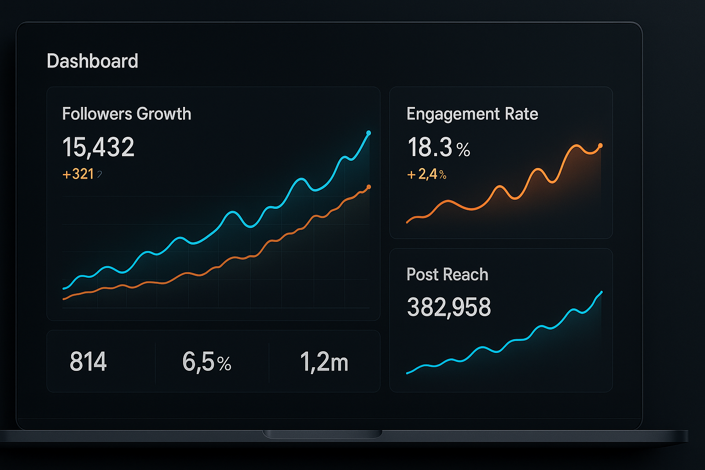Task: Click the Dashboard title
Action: click(x=92, y=61)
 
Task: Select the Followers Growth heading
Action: click(x=126, y=114)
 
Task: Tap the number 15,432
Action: click(x=98, y=147)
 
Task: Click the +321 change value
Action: click(x=78, y=174)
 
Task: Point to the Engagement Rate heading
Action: click(x=472, y=114)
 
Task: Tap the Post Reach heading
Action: click(x=447, y=274)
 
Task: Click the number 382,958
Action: click(x=448, y=307)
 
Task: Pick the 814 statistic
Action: click(x=88, y=362)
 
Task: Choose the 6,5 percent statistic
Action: click(x=207, y=362)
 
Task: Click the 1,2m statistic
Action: click(x=324, y=362)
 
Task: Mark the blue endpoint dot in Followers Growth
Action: click(x=369, y=133)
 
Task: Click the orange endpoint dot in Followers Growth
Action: click(x=369, y=187)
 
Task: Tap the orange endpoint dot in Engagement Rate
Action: click(x=600, y=145)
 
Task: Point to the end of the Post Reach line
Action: click(x=601, y=292)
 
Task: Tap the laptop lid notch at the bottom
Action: click(x=322, y=434)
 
